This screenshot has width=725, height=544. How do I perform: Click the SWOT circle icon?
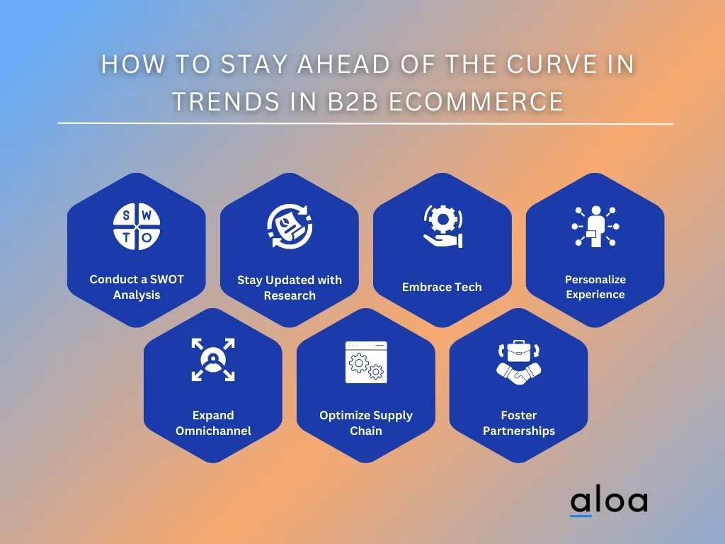[137, 226]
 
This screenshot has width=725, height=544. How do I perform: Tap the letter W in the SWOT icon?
[147, 215]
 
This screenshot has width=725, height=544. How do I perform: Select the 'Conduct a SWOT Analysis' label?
[137, 287]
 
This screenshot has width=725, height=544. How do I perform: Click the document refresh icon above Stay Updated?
[290, 226]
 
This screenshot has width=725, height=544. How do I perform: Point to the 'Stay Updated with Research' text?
[290, 288]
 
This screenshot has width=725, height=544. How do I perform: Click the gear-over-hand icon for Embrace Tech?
[443, 226]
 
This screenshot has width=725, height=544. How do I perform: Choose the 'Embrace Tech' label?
[442, 287]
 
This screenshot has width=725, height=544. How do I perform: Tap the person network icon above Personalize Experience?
[595, 226]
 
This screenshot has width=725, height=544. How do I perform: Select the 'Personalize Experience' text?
[595, 287]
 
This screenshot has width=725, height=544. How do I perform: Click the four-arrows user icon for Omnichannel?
[213, 359]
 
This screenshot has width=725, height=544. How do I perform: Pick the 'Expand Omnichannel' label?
[213, 423]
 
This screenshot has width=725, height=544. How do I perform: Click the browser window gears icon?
[366, 362]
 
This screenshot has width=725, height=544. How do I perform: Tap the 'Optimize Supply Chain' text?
[366, 423]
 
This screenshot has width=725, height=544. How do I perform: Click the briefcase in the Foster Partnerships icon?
[519, 351]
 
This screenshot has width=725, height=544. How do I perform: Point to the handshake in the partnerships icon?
[519, 375]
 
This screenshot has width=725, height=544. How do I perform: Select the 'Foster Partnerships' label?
[519, 423]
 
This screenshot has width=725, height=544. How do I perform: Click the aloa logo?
[608, 501]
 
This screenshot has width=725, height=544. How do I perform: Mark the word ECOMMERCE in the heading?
[476, 101]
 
